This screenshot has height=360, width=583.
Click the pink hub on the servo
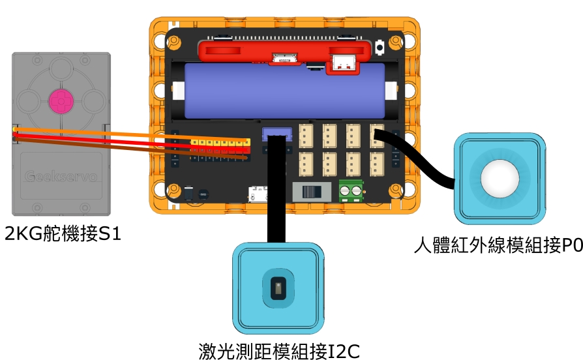click(60, 101)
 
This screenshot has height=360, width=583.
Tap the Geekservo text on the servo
click(60, 175)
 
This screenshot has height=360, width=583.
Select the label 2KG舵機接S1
click(63, 233)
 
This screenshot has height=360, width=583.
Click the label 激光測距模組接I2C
click(279, 351)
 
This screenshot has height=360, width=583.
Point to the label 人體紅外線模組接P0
click(498, 246)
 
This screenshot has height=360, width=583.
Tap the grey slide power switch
click(310, 192)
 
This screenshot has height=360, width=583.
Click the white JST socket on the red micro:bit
click(343, 63)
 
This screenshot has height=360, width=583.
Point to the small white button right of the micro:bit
click(380, 47)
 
